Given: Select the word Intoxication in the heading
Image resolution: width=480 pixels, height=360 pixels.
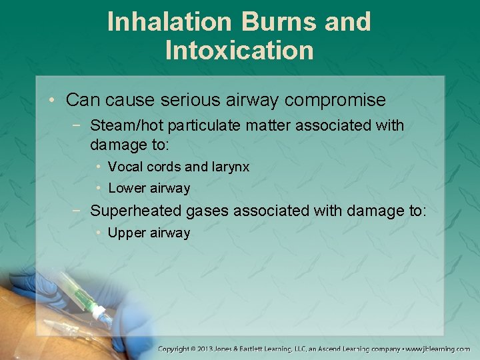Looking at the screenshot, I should [239, 51].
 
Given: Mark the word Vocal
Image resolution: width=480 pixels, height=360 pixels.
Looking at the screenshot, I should [124, 167].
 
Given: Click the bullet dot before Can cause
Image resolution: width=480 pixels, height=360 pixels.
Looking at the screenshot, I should [52, 101].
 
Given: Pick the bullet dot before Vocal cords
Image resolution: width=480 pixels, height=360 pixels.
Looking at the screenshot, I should [98, 167].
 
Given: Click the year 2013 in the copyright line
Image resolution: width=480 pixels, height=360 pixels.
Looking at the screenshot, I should [214, 349].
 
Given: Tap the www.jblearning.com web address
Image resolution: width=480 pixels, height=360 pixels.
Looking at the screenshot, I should [439, 349].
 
